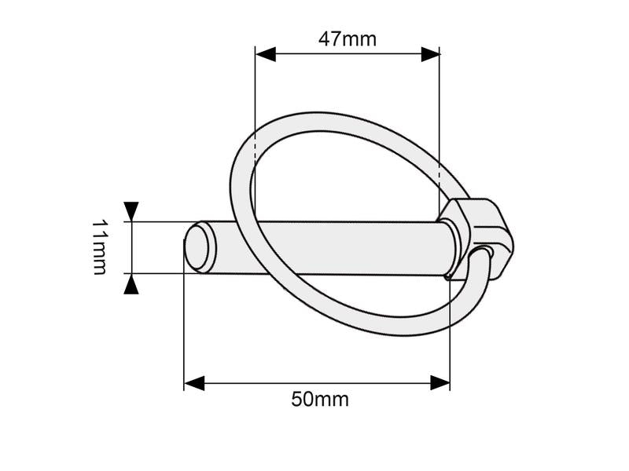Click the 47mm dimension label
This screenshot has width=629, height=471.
347,38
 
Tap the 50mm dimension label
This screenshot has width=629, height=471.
320,399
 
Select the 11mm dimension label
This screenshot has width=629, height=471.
99,247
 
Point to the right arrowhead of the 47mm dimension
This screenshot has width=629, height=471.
430,54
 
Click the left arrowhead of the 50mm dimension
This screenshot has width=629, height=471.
194,383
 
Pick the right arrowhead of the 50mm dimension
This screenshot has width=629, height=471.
440,383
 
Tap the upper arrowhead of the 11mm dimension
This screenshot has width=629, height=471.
131,211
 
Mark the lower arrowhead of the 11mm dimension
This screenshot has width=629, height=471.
131,283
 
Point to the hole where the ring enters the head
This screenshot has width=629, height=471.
487,252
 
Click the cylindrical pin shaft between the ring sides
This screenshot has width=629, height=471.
346,247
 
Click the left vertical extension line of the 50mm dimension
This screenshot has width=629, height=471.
184,330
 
